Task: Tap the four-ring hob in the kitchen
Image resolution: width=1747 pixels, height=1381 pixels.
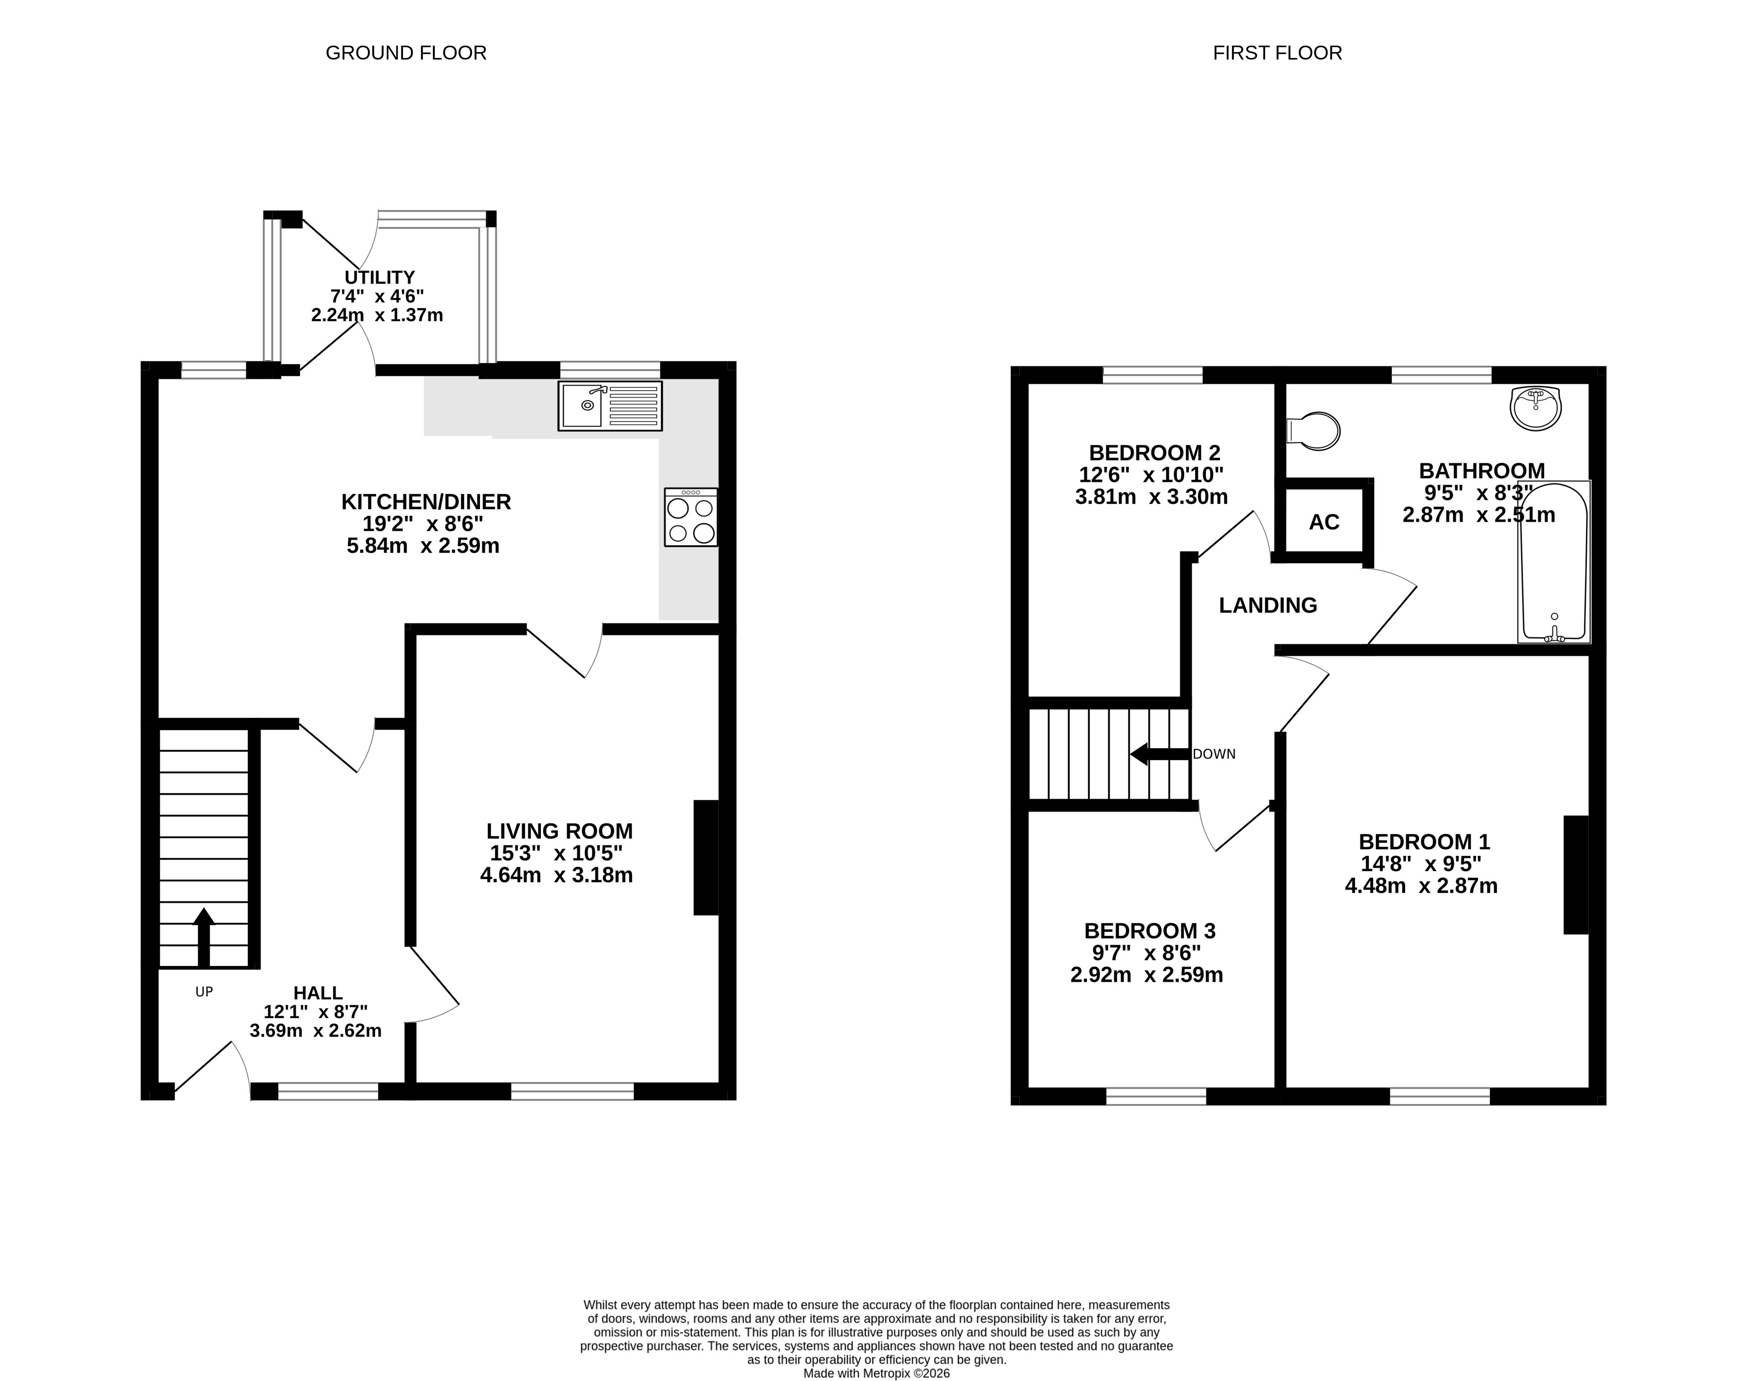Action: (x=690, y=517)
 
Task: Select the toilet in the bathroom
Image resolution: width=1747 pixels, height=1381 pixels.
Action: (x=1313, y=431)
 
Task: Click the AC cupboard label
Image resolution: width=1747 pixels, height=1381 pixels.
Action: (x=1324, y=522)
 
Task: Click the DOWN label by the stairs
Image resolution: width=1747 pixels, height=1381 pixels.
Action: (x=1214, y=755)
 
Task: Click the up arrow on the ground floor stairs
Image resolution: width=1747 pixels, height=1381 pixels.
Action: (x=203, y=937)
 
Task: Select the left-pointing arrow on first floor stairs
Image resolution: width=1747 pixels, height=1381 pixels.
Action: (x=1160, y=755)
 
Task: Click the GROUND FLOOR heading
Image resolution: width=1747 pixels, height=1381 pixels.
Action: (x=406, y=54)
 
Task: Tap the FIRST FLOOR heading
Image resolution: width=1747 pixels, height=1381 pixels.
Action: (x=1277, y=54)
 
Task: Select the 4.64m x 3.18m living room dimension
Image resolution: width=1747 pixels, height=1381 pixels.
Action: (x=556, y=875)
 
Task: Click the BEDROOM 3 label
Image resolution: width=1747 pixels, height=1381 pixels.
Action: (x=1149, y=931)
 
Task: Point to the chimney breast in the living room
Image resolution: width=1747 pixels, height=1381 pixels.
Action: (x=706, y=858)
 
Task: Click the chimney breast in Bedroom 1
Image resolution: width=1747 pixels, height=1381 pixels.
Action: (x=1576, y=875)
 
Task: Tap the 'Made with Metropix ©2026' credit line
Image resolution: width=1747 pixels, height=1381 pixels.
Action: (x=876, y=1373)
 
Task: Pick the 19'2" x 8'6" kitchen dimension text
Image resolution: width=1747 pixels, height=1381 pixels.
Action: (x=423, y=524)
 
